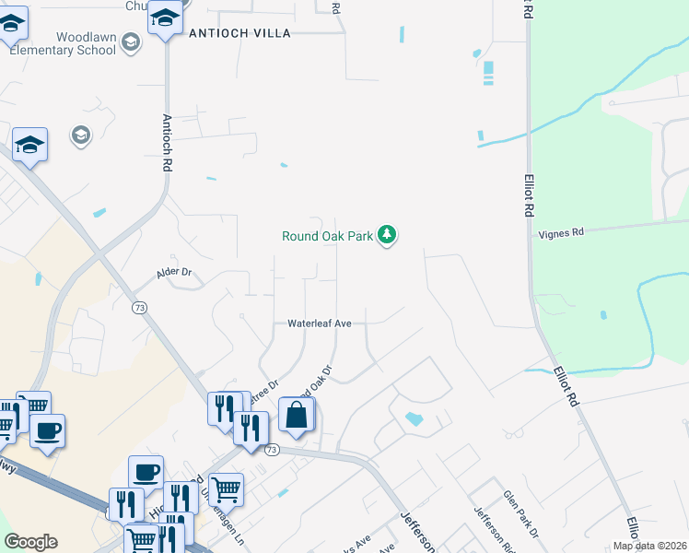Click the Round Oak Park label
[327, 236]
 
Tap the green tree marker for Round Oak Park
[388, 236]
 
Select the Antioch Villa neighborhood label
[239, 33]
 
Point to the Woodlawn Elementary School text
[63, 43]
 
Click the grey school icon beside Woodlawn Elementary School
[130, 41]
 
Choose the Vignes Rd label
[561, 233]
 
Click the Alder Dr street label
[173, 272]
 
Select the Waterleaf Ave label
[320, 324]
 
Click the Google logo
[30, 542]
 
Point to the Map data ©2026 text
[649, 546]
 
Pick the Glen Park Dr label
[519, 513]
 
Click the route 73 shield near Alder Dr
[139, 307]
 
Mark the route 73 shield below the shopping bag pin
[271, 450]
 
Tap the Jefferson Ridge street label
[489, 525]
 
